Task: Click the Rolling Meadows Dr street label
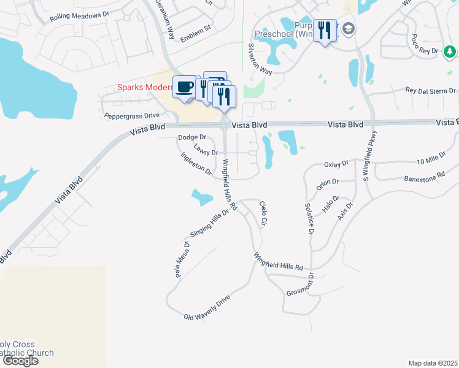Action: click(75, 15)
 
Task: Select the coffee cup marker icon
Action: click(185, 86)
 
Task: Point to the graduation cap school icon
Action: click(349, 29)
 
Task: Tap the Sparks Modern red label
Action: click(145, 88)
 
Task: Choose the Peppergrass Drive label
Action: click(131, 115)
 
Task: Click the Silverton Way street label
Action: click(260, 59)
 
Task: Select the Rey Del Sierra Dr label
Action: click(431, 91)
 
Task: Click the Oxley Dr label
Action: click(336, 164)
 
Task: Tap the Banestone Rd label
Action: click(424, 178)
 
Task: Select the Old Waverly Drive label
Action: click(207, 308)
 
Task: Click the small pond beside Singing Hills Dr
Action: click(202, 197)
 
